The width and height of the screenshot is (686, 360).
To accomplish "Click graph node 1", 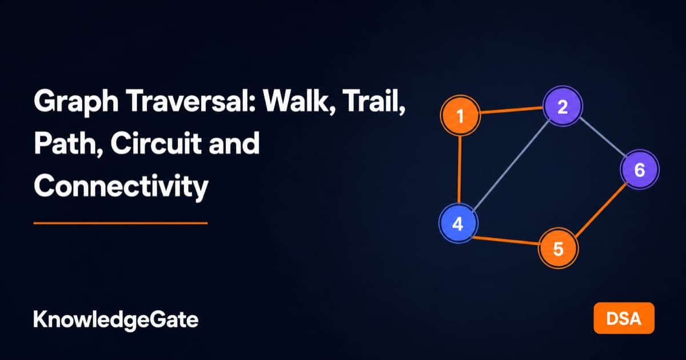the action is [460, 115].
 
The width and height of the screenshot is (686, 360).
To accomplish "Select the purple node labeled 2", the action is [563, 106].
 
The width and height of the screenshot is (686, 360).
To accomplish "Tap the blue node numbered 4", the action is [458, 223].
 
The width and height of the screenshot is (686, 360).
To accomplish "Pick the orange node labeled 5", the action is [558, 248].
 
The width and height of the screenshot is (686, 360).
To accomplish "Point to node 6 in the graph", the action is [640, 169].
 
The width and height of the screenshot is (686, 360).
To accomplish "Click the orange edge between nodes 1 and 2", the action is [512, 110].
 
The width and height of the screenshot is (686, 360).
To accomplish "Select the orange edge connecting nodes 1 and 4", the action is [460, 169].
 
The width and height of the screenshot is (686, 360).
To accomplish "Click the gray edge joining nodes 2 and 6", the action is [601, 138].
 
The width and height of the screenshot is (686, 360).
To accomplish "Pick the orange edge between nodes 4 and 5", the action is [506, 241].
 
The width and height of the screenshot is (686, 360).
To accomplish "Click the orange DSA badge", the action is [624, 318].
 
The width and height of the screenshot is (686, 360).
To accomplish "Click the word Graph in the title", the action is [76, 102].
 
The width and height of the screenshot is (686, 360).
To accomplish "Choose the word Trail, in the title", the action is [375, 101].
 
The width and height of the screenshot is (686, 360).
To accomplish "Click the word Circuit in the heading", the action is [155, 143].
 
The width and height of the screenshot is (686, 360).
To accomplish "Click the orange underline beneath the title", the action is [121, 223].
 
